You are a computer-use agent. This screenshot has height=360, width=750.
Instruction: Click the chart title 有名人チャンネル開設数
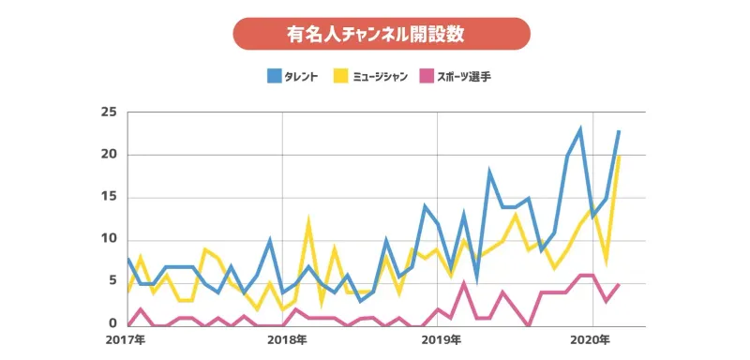(x=381, y=33)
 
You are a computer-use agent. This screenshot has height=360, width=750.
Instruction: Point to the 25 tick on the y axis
(x=109, y=112)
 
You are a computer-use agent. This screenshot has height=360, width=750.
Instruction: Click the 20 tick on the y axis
(x=109, y=155)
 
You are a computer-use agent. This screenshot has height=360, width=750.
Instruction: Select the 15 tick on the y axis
(x=109, y=197)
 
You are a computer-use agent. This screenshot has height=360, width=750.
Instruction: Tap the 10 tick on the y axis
(x=109, y=239)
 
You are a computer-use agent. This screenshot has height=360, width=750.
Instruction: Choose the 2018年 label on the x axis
(x=282, y=339)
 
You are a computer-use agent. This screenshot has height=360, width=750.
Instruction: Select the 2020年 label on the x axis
(x=592, y=339)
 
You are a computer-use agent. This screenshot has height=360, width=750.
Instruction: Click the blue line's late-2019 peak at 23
(x=580, y=129)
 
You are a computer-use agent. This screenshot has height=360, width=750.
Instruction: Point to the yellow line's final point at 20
(x=619, y=156)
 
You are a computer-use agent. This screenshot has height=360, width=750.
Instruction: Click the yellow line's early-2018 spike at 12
(x=308, y=223)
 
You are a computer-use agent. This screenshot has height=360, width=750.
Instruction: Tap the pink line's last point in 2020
(x=619, y=283)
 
